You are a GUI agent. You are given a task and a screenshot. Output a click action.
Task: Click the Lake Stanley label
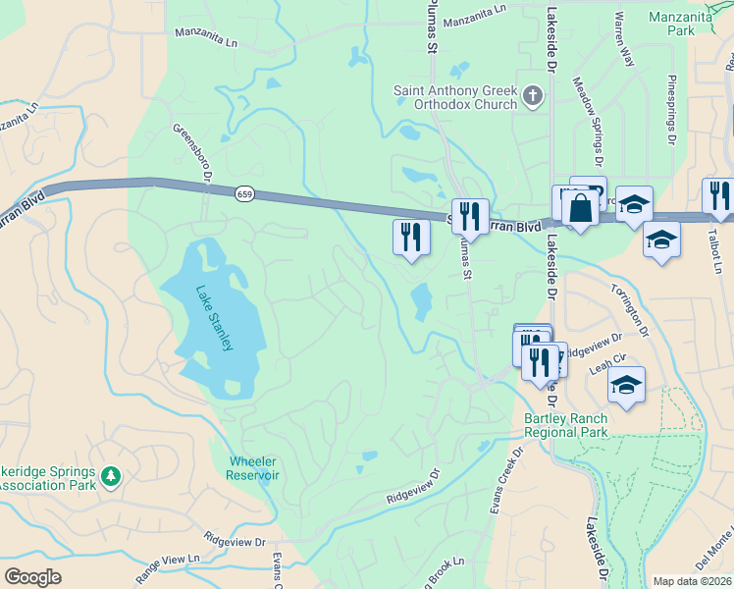[x=214, y=318]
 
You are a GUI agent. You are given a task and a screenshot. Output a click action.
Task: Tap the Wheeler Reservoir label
[x=254, y=467]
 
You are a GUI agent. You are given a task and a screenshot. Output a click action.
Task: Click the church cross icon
[x=533, y=96]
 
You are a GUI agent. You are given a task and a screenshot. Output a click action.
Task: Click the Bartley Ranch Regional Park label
[x=565, y=424]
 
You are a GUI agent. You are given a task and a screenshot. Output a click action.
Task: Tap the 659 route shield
[x=242, y=194]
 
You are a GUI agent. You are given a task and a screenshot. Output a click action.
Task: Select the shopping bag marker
[x=580, y=208]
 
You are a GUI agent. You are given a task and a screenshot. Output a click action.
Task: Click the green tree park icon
[x=111, y=475]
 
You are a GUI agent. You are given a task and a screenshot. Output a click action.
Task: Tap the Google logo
[x=31, y=577]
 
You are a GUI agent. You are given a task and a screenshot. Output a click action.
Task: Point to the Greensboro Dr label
[x=192, y=152]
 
